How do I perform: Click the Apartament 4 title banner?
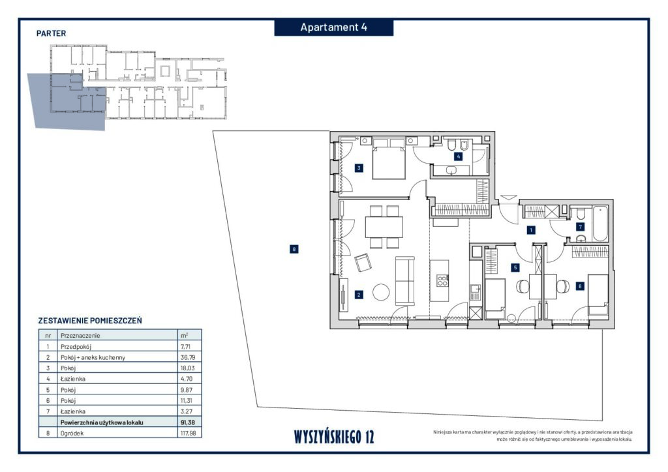pyautogui.click(x=333, y=27)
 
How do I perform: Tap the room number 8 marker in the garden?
pyautogui.click(x=294, y=249)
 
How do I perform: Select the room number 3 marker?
pyautogui.click(x=359, y=168)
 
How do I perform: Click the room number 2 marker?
pyautogui.click(x=359, y=295)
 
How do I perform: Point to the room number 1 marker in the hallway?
pyautogui.click(x=531, y=230)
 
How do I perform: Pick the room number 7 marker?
pyautogui.click(x=580, y=227)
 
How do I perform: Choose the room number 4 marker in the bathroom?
pyautogui.click(x=459, y=156)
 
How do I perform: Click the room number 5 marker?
pyautogui.click(x=515, y=268)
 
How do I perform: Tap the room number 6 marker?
pyautogui.click(x=580, y=286)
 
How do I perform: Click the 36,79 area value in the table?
pyautogui.click(x=187, y=357)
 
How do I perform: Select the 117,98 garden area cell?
pyautogui.click(x=189, y=434)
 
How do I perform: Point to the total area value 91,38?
pyautogui.click(x=188, y=422)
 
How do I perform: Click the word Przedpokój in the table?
pyautogui.click(x=76, y=347)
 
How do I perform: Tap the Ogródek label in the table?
pyautogui.click(x=72, y=434)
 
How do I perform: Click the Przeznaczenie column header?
pyautogui.click(x=80, y=335)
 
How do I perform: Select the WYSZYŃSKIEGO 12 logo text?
pyautogui.click(x=334, y=437)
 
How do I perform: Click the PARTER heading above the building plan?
pyautogui.click(x=51, y=33)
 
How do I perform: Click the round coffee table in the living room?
pyautogui.click(x=381, y=293)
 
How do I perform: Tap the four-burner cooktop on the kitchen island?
pyautogui.click(x=442, y=280)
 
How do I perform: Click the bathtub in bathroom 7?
pyautogui.click(x=600, y=224)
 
